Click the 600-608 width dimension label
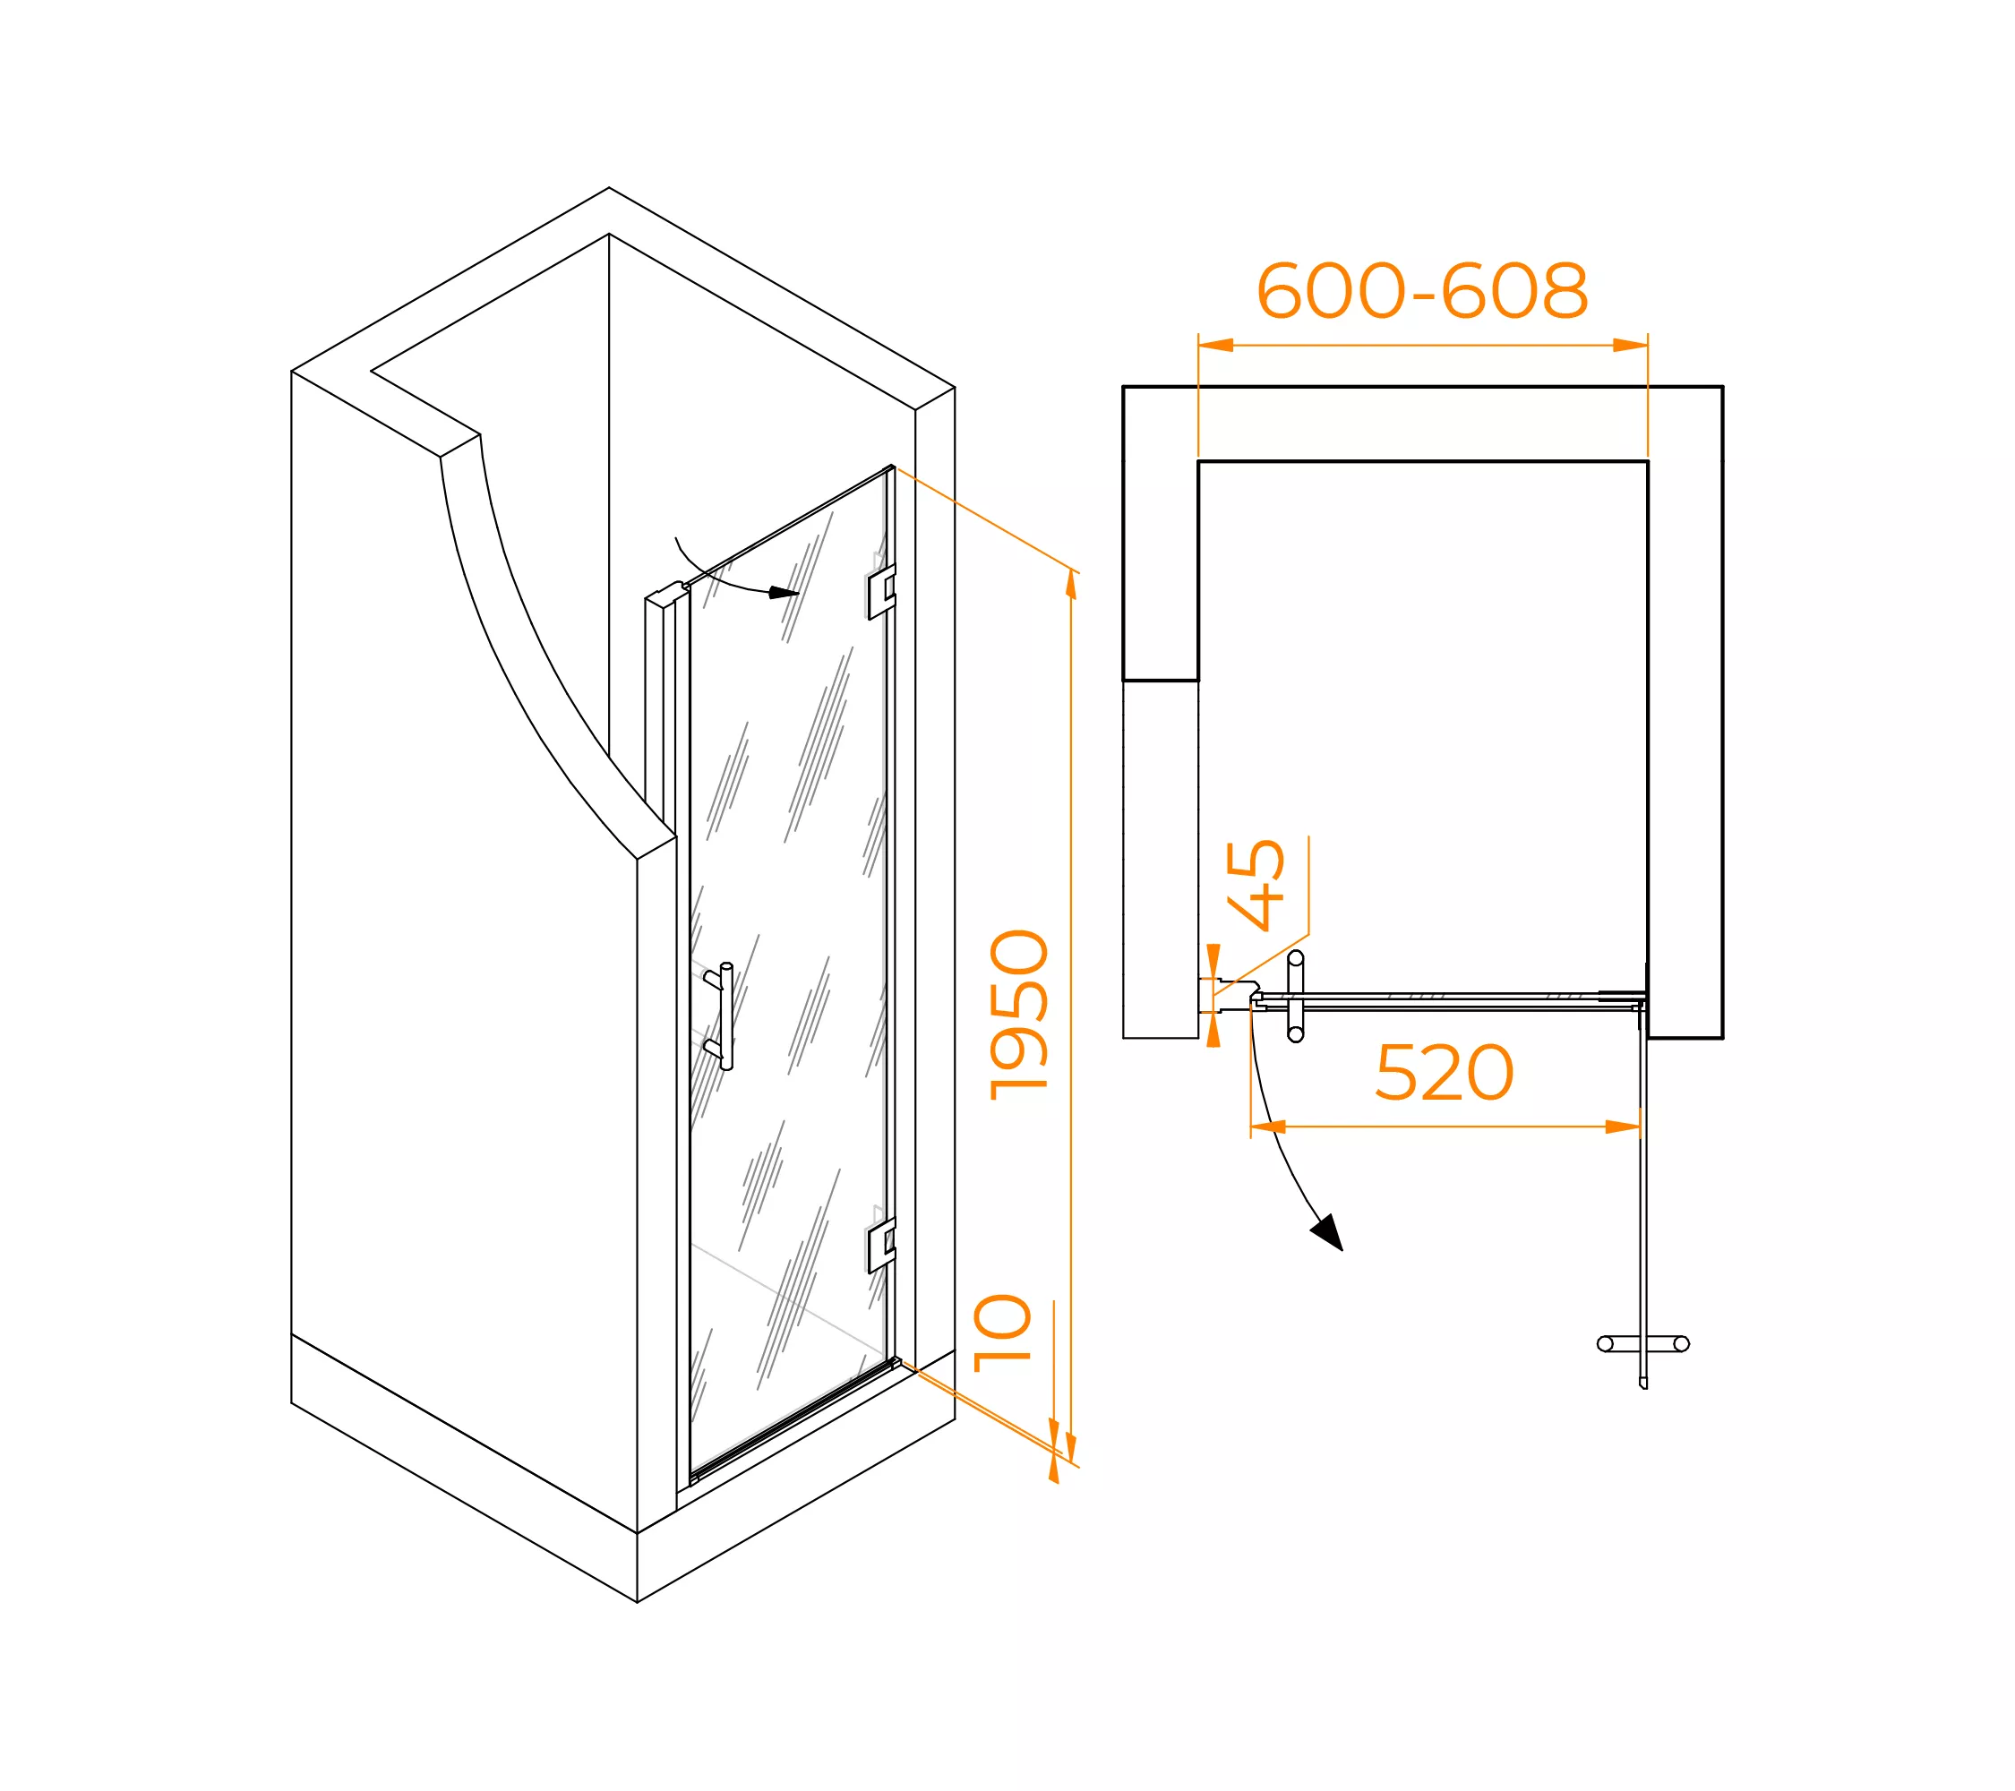coord(1421,291)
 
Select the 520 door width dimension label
coord(1445,1074)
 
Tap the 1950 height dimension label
coord(1019,1015)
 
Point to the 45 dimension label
coord(1255,885)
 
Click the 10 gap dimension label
coord(1001,1333)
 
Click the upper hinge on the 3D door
coord(881,593)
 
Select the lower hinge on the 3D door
coord(881,1246)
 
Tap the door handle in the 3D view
coord(720,1015)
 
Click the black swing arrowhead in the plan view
coord(1328,1232)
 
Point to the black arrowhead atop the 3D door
coord(784,593)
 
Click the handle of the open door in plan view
coord(1642,1343)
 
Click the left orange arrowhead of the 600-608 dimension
coord(1215,345)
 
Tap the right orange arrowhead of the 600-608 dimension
coord(1631,345)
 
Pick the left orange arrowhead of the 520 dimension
coord(1269,1127)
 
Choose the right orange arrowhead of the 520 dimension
coord(1623,1127)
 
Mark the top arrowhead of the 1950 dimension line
coord(1072,585)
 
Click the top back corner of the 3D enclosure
coord(608,187)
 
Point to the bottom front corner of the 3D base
coord(637,1602)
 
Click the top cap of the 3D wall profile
coord(665,594)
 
